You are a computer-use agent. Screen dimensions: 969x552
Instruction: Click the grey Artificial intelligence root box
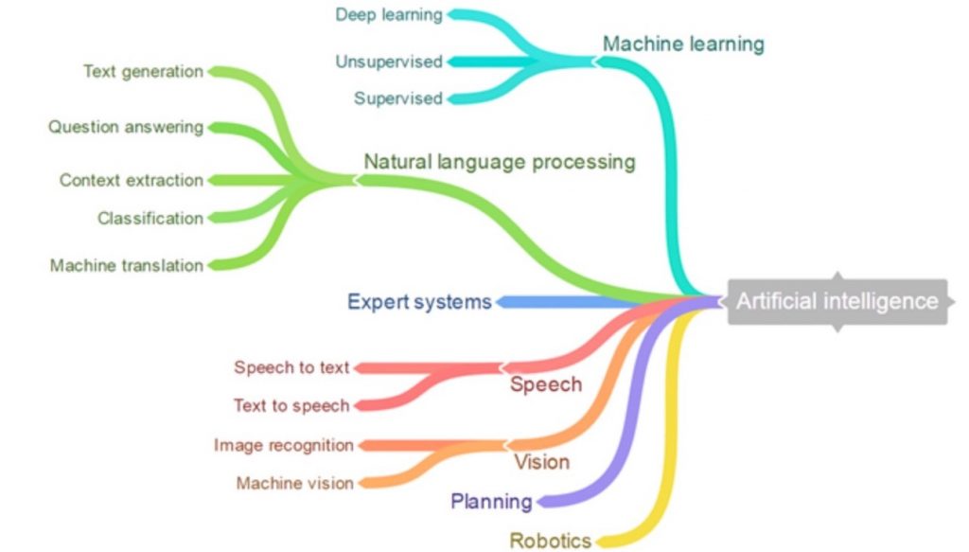click(837, 302)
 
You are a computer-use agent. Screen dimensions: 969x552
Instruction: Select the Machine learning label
click(683, 44)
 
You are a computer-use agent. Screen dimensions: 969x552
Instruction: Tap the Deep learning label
click(389, 15)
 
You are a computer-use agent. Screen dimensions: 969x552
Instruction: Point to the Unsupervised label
click(389, 62)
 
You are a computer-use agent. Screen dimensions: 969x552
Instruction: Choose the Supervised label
click(398, 98)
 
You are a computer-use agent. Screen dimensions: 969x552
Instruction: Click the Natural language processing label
click(500, 162)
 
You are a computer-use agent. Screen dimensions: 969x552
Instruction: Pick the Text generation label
click(144, 72)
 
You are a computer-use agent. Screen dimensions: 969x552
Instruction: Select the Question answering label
click(126, 127)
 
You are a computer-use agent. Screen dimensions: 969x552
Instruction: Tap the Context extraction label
click(131, 180)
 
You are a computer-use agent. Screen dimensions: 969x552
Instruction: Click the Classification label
click(150, 218)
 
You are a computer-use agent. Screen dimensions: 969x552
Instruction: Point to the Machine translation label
click(127, 266)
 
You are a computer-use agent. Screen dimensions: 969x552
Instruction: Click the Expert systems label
click(419, 302)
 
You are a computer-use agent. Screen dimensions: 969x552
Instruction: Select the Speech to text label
click(291, 367)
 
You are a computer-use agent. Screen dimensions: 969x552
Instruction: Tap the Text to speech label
click(291, 405)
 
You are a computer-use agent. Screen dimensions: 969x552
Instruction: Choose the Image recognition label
click(284, 445)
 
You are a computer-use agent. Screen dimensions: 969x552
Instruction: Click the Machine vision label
click(295, 483)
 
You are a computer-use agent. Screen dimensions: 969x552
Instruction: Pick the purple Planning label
click(491, 501)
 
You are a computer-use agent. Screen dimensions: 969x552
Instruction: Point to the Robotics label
click(550, 541)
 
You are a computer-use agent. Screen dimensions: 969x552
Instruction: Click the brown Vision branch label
click(541, 462)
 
